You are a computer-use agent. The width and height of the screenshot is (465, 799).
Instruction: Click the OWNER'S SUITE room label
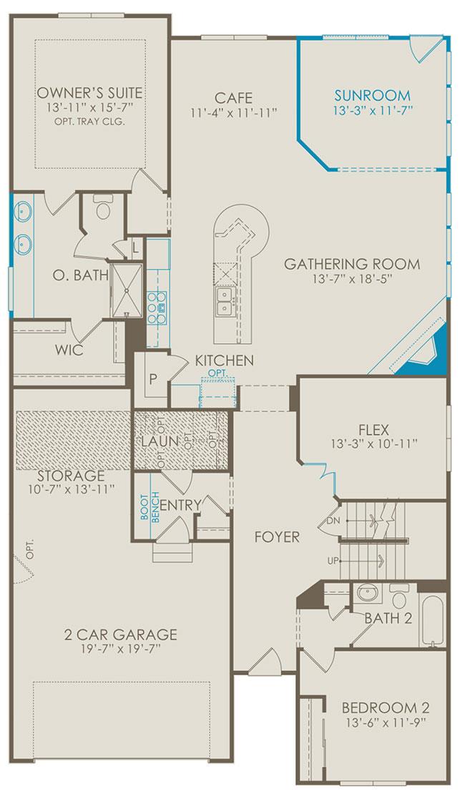(89, 93)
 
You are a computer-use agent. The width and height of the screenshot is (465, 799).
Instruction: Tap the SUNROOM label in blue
(372, 95)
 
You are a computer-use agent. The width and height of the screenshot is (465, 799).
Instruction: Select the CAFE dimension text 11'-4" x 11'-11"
(233, 112)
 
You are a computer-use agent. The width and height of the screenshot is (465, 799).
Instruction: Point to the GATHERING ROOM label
(352, 264)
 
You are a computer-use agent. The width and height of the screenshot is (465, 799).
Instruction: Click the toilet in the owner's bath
(104, 207)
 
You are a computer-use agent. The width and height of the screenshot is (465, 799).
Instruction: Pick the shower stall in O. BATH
(126, 290)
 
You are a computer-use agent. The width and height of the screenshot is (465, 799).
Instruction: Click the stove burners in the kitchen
(157, 307)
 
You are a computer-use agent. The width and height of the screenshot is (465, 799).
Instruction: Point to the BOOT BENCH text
(150, 505)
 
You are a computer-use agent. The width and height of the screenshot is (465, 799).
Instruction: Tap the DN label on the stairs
(333, 520)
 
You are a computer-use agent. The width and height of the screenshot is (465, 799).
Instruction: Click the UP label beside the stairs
(333, 561)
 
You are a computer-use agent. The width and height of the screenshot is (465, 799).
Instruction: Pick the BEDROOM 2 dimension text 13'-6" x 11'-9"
(386, 721)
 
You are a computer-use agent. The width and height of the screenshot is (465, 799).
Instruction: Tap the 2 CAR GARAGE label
(121, 634)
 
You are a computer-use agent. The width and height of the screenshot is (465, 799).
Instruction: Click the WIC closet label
(69, 351)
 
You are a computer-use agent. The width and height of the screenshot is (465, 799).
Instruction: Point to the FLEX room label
(373, 428)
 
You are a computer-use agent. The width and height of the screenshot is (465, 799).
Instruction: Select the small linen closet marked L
(135, 247)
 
